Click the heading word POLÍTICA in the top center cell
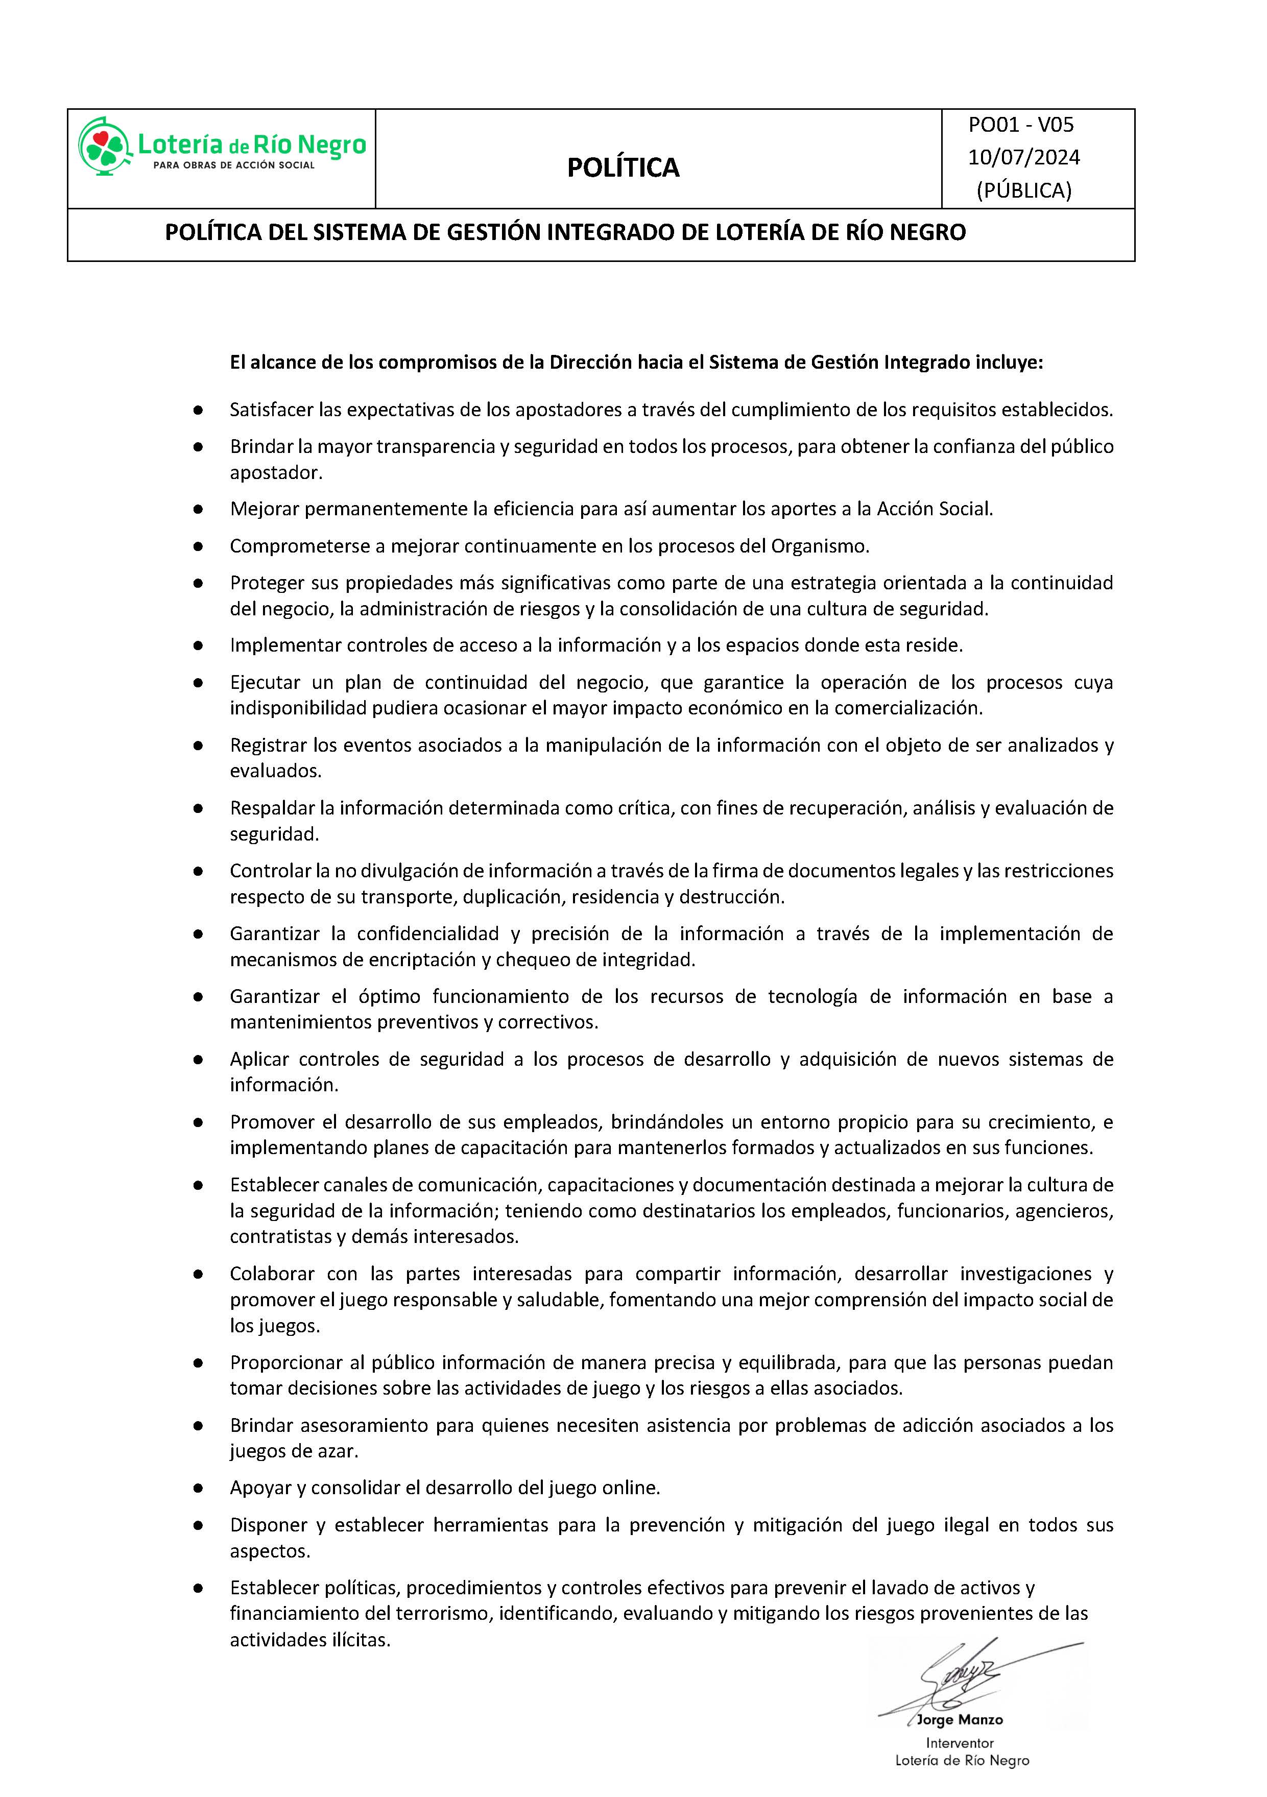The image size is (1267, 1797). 623,167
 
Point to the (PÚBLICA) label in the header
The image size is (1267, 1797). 1023,190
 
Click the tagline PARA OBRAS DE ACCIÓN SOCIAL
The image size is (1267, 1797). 234,165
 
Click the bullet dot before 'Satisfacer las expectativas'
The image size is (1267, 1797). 198,410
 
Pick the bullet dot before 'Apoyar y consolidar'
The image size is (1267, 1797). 198,1488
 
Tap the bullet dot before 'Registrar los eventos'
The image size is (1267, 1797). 198,746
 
